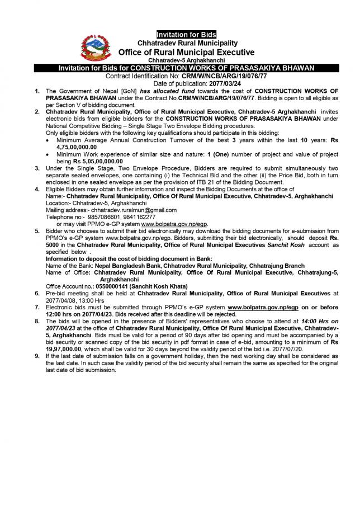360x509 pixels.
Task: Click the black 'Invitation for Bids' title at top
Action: [x=187, y=35]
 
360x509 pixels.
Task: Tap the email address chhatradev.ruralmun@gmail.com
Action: [x=135, y=210]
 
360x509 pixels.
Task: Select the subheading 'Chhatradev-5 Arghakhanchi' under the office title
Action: [x=187, y=60]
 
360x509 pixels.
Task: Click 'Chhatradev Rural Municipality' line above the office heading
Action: [x=187, y=43]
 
